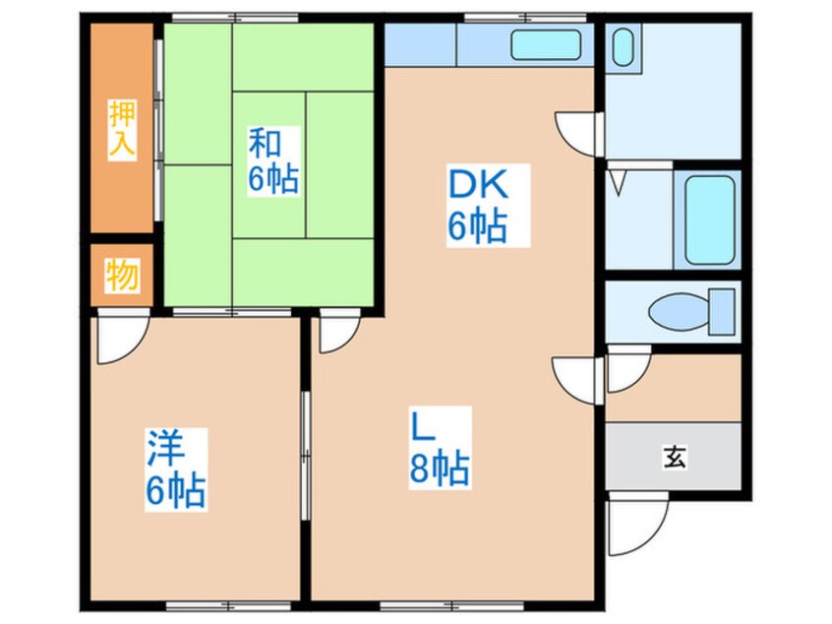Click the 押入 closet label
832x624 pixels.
[122, 129]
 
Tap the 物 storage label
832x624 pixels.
[122, 275]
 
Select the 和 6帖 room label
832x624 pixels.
[273, 161]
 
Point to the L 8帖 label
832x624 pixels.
[440, 448]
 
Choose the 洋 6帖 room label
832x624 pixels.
[176, 469]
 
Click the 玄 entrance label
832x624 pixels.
[675, 457]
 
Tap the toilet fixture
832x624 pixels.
[692, 312]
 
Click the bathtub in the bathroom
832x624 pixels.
[709, 219]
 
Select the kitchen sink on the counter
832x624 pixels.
[546, 44]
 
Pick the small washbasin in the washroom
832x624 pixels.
[623, 47]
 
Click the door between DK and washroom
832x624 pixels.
[578, 134]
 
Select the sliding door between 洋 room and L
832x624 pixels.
[305, 455]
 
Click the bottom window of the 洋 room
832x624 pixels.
[229, 605]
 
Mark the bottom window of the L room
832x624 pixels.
[452, 605]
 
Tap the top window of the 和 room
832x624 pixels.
[235, 18]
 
